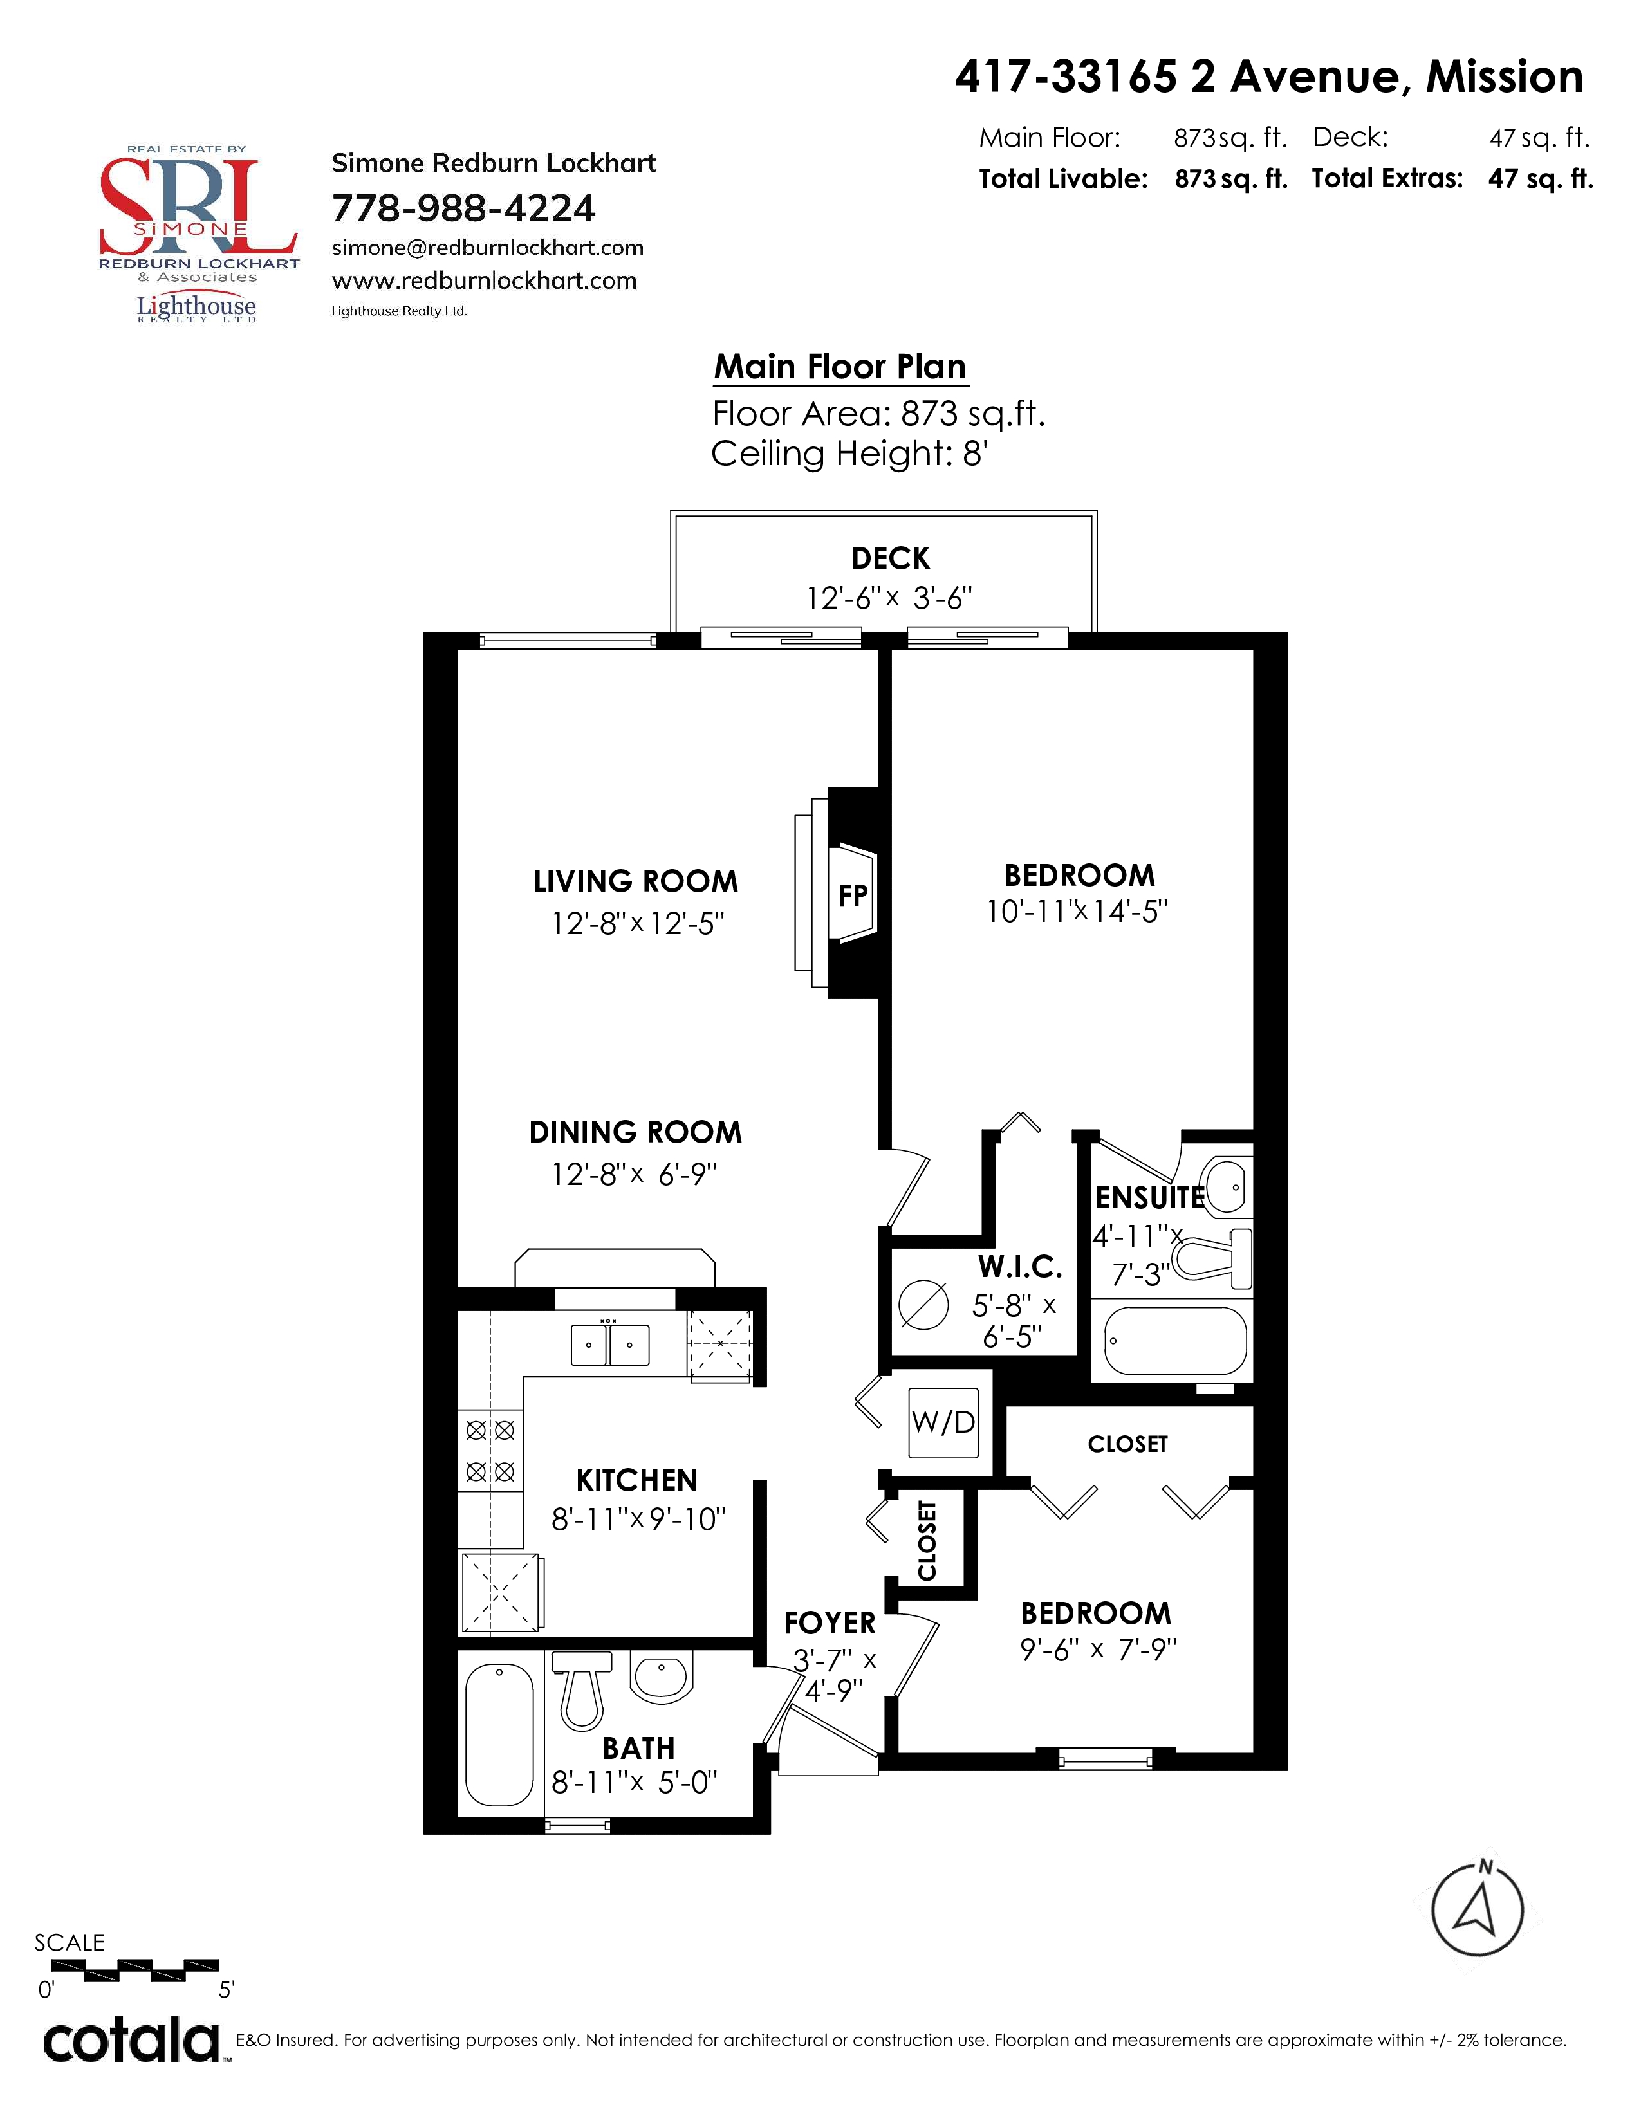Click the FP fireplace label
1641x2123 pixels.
coord(853,896)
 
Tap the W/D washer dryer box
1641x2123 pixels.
coord(943,1423)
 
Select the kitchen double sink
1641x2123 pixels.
coord(609,1345)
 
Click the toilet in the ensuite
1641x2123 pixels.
coord(1211,1260)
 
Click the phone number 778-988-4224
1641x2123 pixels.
coord(464,208)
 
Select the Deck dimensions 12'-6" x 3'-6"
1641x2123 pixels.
coord(889,598)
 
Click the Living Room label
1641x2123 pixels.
coord(636,881)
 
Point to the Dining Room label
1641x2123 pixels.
coord(636,1132)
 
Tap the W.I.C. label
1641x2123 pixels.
coord(1020,1267)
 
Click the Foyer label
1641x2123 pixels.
coord(830,1623)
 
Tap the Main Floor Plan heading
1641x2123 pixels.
coord(840,367)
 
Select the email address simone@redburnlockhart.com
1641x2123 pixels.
coord(488,248)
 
